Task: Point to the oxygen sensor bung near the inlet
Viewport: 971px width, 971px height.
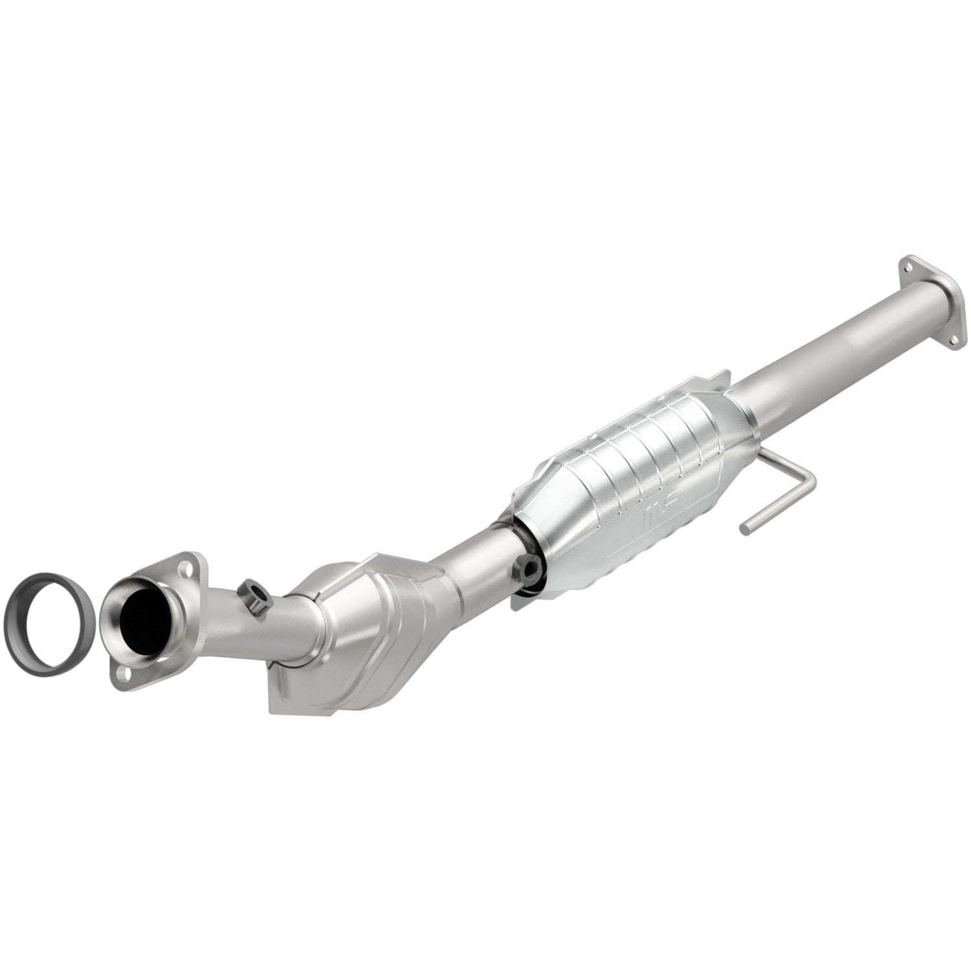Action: [253, 596]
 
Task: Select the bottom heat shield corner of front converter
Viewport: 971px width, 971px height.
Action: [275, 702]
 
